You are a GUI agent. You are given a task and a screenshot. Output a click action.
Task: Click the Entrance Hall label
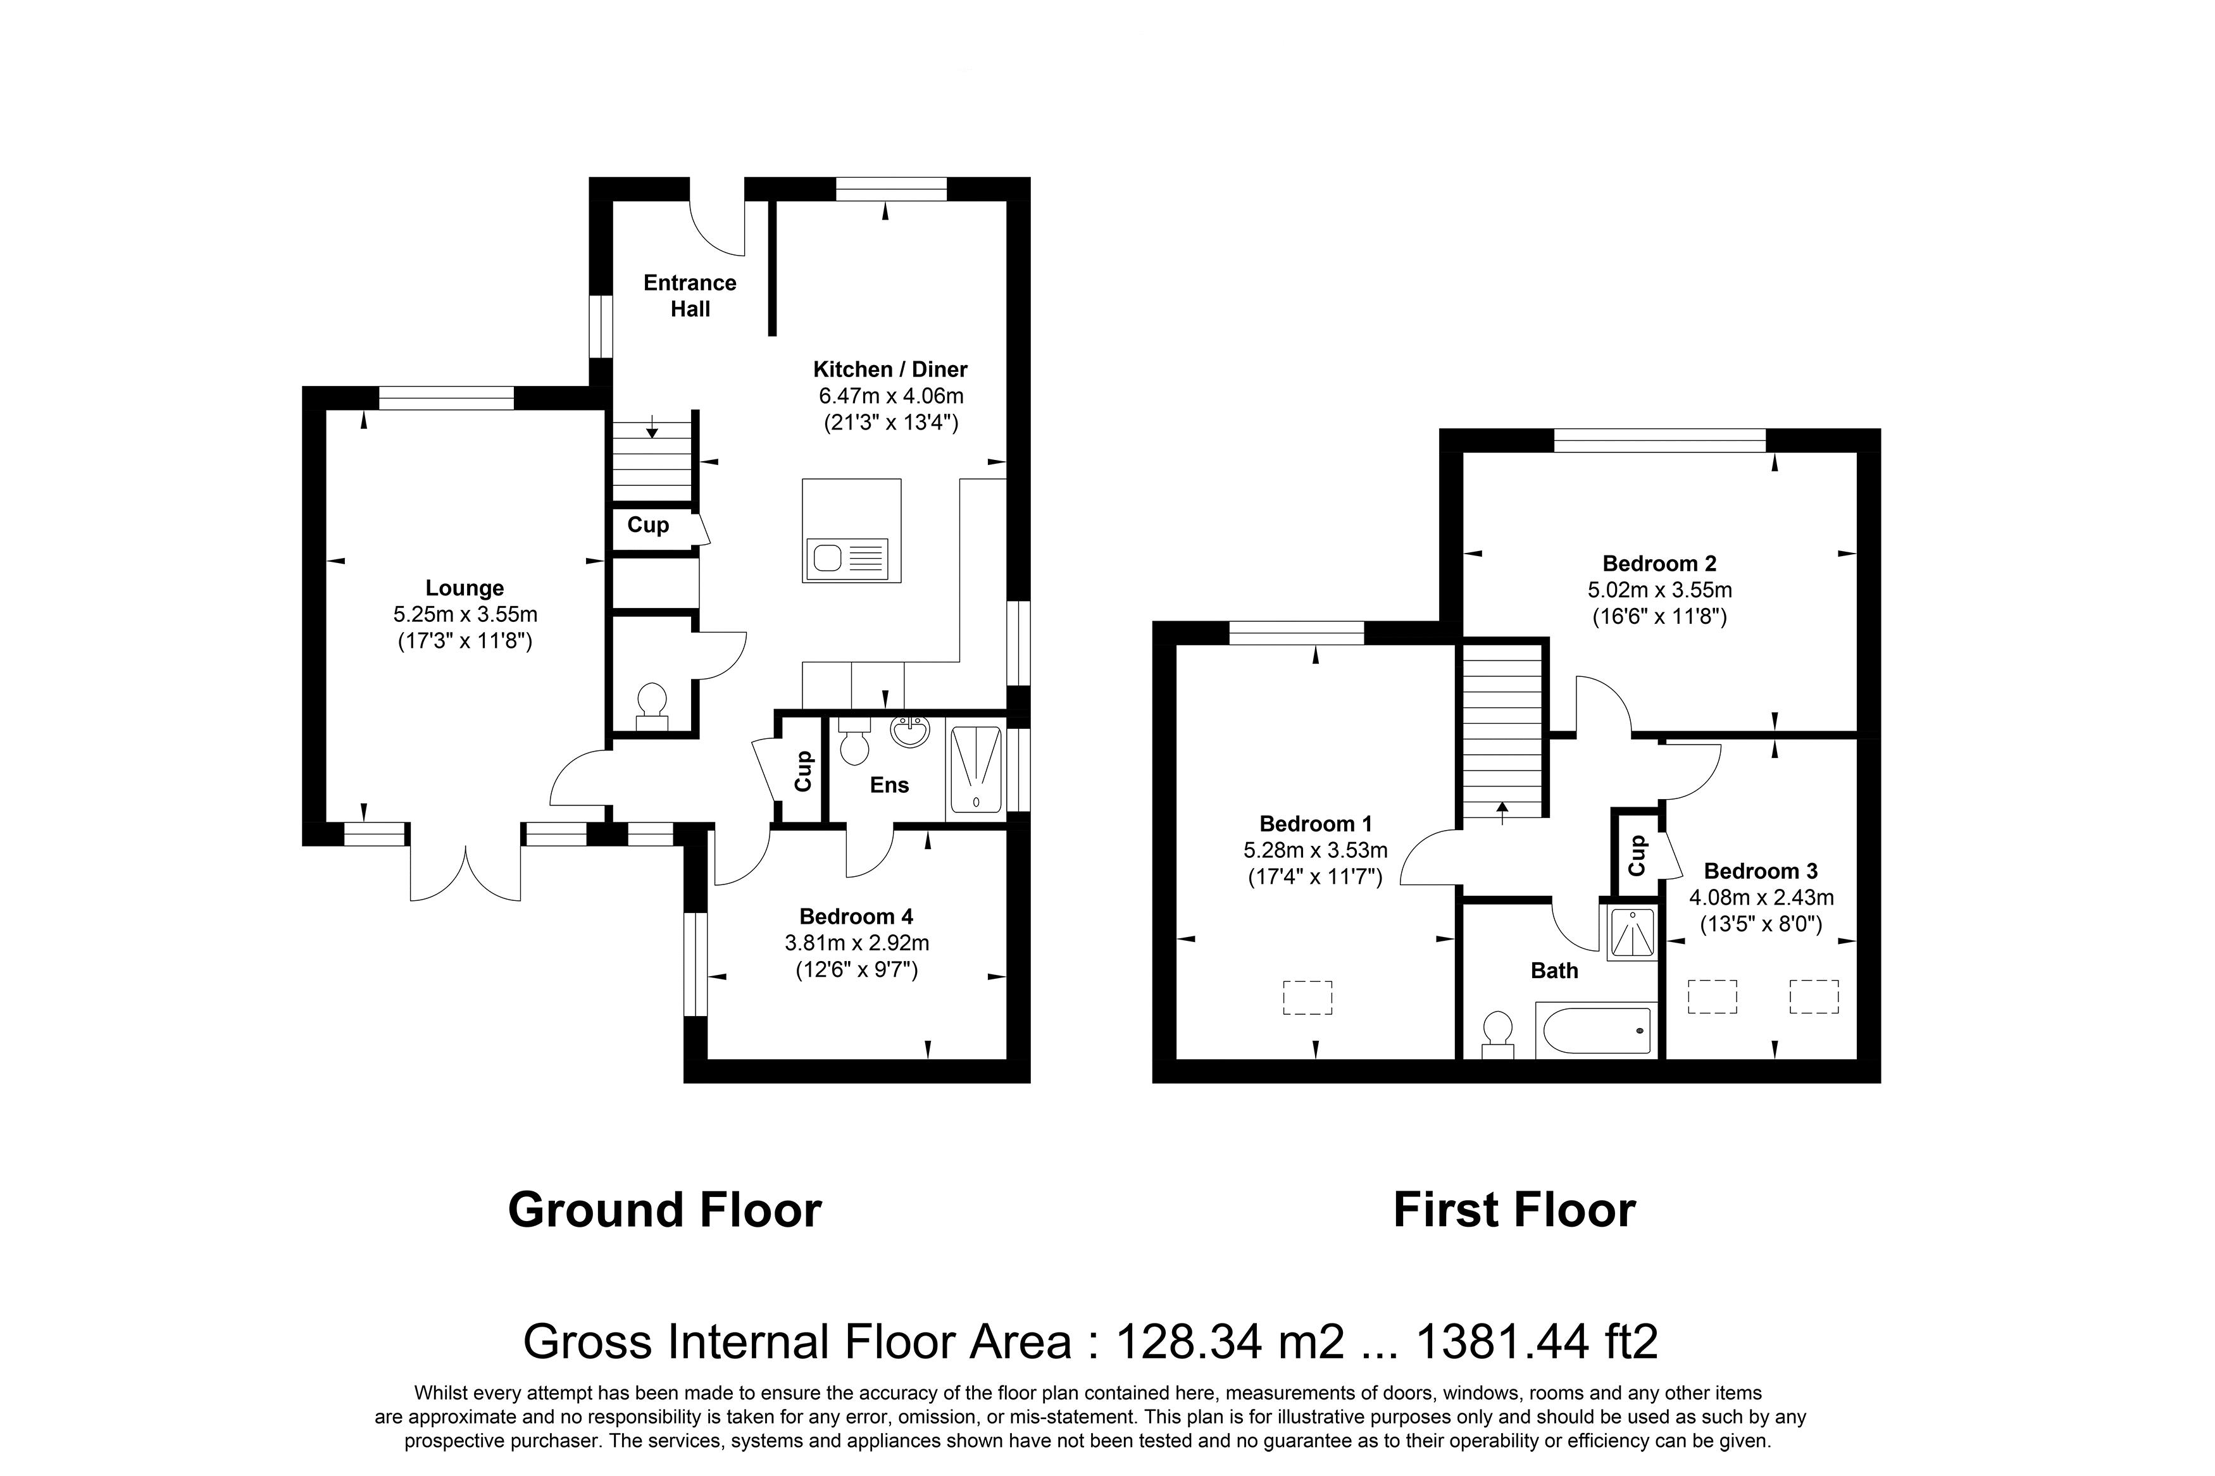coord(689,295)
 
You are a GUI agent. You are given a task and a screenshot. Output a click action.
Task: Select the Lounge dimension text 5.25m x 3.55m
coord(465,615)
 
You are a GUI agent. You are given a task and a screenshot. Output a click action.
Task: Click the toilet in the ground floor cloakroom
coord(651,706)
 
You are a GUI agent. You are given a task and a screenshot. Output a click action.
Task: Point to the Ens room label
coord(889,785)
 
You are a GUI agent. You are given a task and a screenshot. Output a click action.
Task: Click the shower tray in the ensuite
coord(975,769)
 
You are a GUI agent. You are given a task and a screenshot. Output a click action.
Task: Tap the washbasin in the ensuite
coord(909,731)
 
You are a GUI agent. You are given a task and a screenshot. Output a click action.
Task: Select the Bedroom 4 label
coord(856,916)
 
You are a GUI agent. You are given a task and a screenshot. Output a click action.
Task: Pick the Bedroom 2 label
coord(1659,564)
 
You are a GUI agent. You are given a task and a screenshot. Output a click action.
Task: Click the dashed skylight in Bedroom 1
coord(1307,998)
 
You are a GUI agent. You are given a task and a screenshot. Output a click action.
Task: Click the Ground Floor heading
coord(664,1210)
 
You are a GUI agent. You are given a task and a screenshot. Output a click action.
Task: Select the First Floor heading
coord(1514,1210)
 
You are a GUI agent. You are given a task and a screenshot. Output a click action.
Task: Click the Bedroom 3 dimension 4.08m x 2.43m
coord(1761,898)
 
